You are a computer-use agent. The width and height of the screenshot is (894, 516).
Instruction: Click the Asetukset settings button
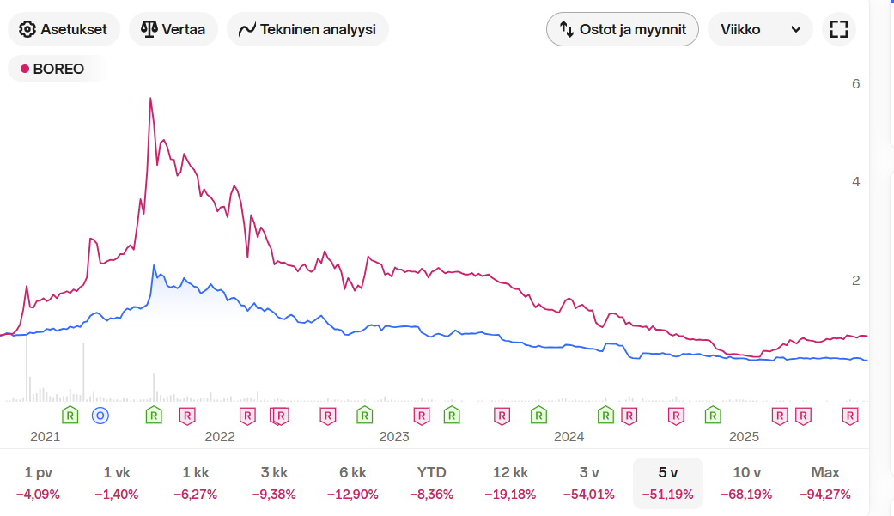pos(64,29)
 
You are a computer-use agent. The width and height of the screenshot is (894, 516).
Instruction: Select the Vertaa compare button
pos(173,29)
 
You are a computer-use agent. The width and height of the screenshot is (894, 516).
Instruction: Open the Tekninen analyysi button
pos(307,29)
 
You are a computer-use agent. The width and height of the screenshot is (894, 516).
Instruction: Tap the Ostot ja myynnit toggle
pos(623,29)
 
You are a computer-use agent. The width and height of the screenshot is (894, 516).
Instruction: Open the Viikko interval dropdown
pos(760,29)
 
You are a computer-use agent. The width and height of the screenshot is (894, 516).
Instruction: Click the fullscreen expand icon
pos(839,29)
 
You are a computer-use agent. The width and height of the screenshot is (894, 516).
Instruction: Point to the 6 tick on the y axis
pos(855,83)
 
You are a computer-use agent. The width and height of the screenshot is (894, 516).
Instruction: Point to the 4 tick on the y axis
pos(855,181)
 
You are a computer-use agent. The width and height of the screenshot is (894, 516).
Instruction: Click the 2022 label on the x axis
pos(220,437)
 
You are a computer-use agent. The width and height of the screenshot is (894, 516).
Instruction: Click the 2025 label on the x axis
pos(744,437)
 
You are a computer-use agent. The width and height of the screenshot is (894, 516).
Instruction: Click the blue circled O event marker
pos(100,416)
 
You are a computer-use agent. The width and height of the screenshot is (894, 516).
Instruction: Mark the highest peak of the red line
pos(150,98)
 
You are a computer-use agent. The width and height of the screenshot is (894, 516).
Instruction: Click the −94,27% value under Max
pos(825,495)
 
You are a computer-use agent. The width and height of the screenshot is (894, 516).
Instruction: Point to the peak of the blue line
pos(154,265)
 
